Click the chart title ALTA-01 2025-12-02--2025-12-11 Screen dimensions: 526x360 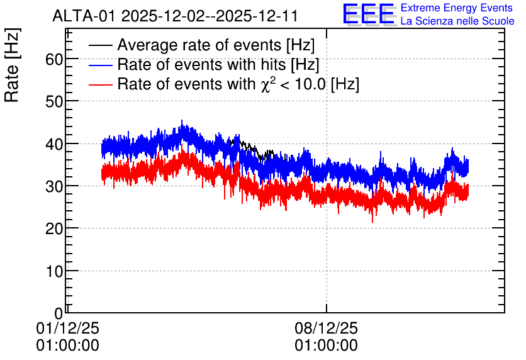[175, 16]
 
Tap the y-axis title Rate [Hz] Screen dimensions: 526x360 [12, 65]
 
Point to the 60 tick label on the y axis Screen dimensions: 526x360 [54, 59]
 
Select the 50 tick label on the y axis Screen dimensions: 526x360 [54, 101]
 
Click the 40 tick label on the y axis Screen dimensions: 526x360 [54, 144]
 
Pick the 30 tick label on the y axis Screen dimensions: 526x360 [54, 186]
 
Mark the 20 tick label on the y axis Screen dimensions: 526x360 [54, 228]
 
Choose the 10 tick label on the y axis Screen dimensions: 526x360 [54, 271]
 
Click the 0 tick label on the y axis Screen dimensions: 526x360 [59, 313]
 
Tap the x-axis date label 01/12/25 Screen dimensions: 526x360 [68, 328]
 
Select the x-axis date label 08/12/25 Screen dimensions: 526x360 [327, 328]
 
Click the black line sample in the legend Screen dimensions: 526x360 [100, 45]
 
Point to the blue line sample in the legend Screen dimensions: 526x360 [100, 65]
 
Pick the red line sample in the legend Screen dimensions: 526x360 [100, 84]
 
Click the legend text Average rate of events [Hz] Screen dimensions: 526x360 [216, 45]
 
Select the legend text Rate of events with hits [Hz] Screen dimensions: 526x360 [218, 64]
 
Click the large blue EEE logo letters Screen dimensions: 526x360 [369, 14]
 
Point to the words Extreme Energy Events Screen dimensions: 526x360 [457, 8]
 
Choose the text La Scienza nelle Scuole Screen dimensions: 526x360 [457, 21]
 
